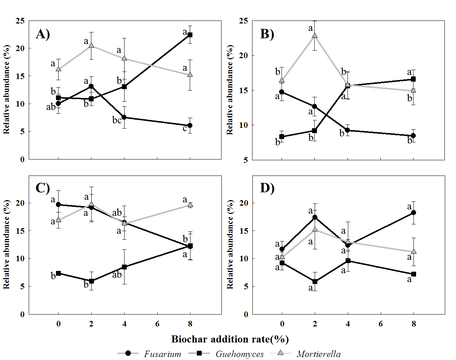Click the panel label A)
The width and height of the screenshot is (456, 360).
[43, 34]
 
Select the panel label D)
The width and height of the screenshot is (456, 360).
[267, 188]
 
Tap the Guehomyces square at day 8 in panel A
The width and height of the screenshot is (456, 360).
[190, 35]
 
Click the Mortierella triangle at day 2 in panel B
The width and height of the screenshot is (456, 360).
[315, 36]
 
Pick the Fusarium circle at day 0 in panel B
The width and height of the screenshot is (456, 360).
[282, 92]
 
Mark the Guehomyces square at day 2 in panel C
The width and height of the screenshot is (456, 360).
[91, 281]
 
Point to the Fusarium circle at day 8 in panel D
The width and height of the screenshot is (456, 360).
[413, 212]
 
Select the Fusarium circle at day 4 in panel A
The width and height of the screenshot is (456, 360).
[124, 117]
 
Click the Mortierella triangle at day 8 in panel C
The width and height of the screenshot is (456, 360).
[190, 205]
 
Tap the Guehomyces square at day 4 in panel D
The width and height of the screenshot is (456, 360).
[348, 261]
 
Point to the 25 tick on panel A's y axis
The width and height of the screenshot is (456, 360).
[21, 21]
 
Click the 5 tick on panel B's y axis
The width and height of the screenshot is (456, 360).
[246, 160]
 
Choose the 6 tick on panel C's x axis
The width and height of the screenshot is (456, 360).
[157, 323]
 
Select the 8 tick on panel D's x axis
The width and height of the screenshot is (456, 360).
[413, 323]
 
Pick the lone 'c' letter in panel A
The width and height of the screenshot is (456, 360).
[184, 129]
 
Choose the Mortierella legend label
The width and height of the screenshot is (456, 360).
[319, 354]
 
